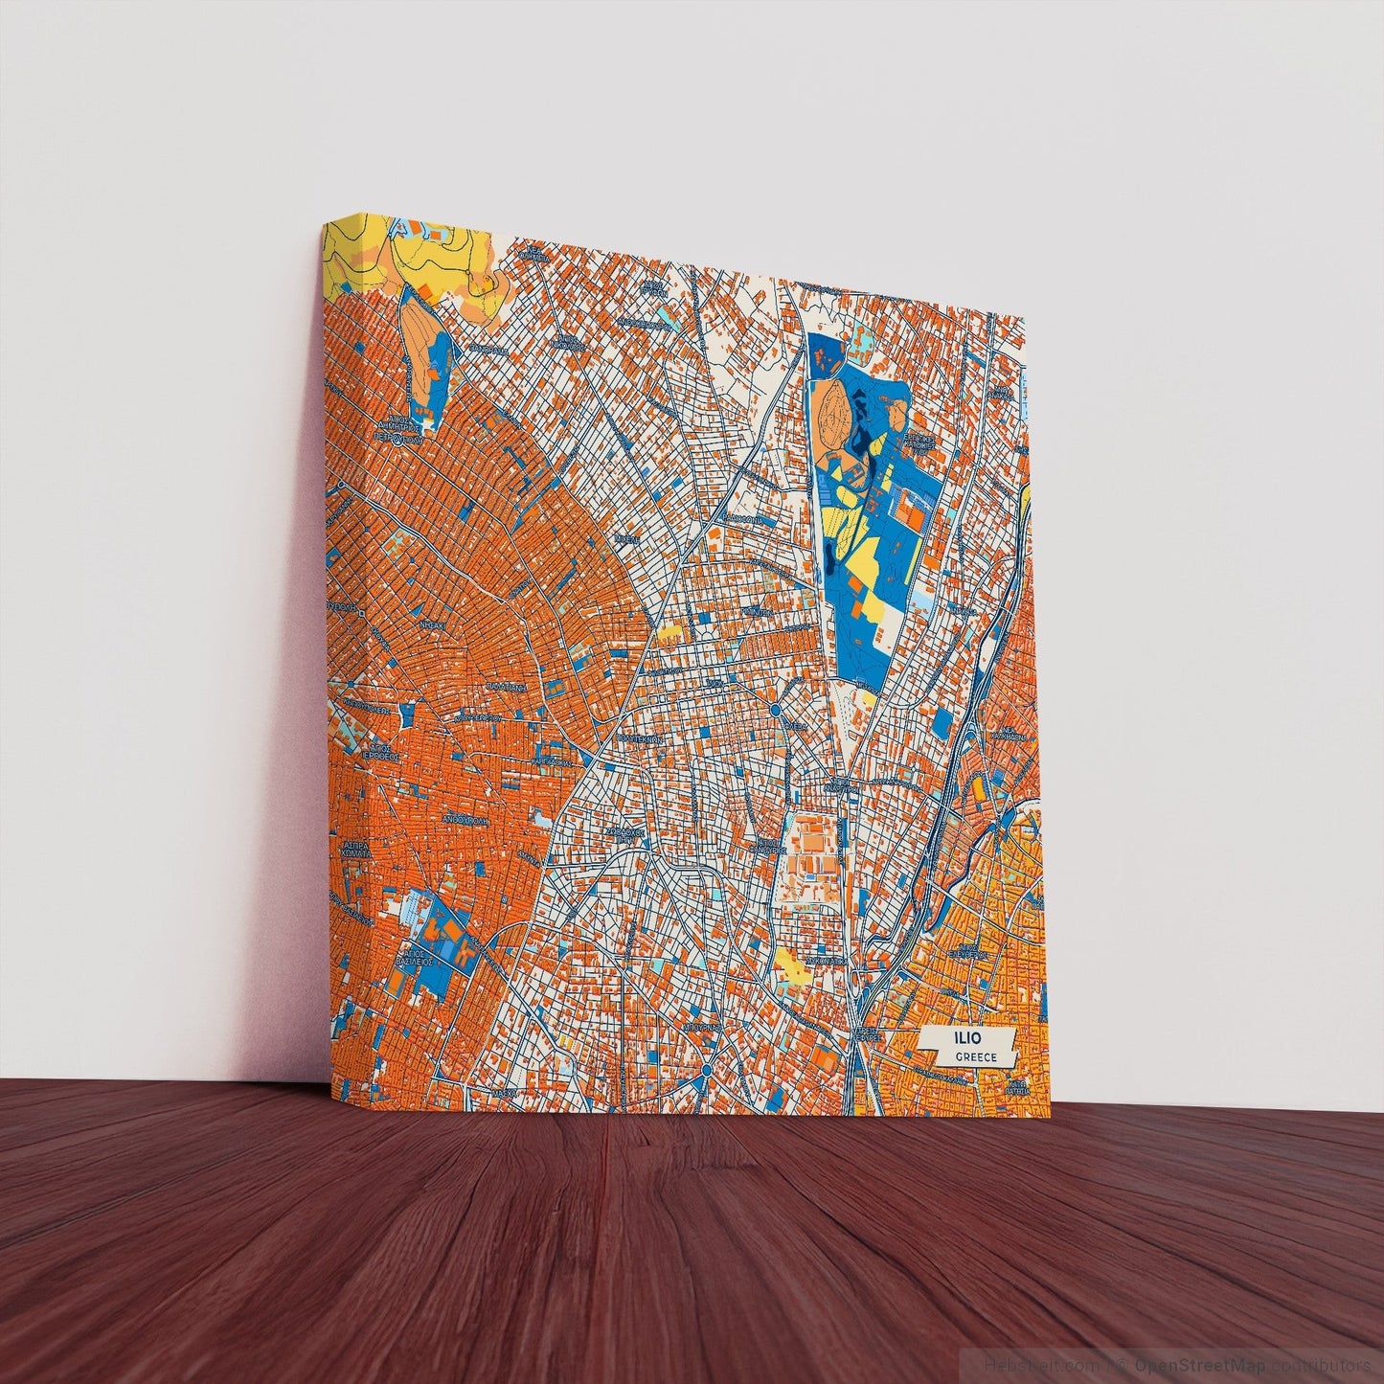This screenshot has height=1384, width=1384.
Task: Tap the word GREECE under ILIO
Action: point(975,1057)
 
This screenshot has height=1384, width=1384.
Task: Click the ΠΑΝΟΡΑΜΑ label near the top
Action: point(488,351)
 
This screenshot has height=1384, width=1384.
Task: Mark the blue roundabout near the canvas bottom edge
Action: point(706,1069)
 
